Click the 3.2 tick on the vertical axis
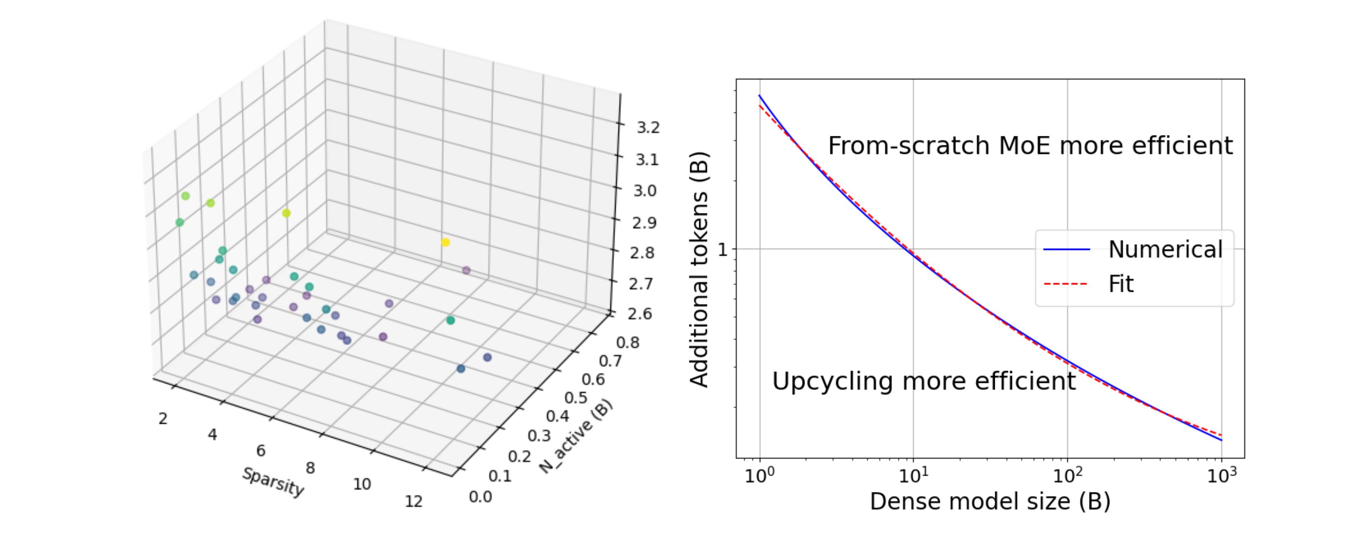pos(647,128)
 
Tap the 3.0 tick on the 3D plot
pos(644,190)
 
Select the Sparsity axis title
pos(273,482)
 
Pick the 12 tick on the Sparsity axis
pos(414,501)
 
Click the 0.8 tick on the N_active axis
pos(627,342)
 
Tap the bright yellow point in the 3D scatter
pos(445,242)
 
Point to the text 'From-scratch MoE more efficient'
pos(1030,146)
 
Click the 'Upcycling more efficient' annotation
pos(924,381)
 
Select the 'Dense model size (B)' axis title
pos(990,501)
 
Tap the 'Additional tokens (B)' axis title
pos(699,270)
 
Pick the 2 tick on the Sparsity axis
pos(163,419)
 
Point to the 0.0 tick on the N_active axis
pos(480,497)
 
